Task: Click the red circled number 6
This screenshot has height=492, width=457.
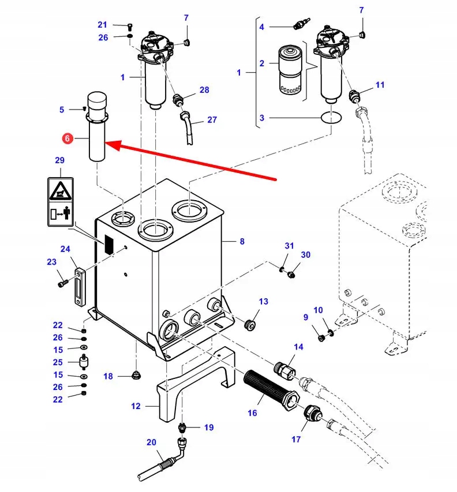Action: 67,138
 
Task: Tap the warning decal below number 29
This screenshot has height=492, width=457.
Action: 59,200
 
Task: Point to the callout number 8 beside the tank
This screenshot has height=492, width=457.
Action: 242,242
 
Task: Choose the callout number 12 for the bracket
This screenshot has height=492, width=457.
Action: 136,406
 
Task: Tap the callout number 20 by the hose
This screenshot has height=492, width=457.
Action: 151,442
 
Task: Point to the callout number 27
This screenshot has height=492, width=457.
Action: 212,120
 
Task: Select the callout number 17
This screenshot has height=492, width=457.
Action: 295,440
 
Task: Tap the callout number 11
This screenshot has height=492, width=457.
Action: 380,85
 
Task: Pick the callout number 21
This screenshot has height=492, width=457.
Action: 102,24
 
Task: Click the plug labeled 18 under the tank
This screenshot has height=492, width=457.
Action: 137,375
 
